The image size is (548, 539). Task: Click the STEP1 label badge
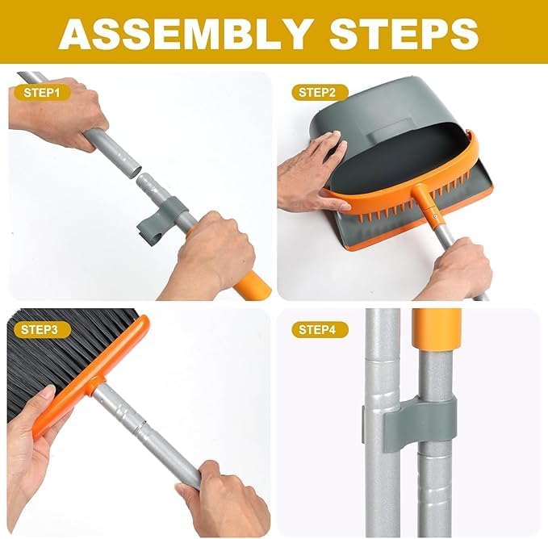41,92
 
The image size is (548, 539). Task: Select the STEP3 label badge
41,329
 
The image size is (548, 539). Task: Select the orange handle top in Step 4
436,331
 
